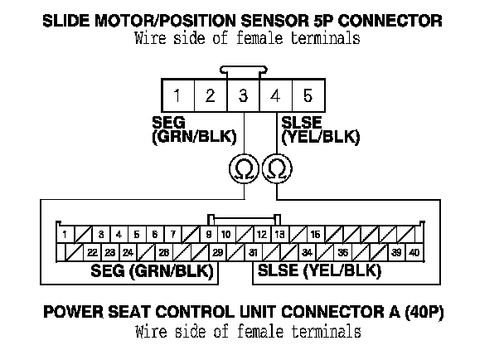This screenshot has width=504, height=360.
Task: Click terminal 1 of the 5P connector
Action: coord(177,95)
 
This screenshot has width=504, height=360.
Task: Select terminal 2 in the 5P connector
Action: coord(211,95)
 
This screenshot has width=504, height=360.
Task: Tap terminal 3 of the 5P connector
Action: coord(243,95)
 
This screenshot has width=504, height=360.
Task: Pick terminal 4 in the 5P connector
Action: coord(275,95)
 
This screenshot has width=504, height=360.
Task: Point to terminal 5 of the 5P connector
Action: coord(308,95)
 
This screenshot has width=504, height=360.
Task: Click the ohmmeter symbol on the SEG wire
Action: coord(243,169)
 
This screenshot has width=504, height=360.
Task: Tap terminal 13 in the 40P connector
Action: coord(280,235)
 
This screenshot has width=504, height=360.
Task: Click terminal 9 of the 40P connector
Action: coord(209,235)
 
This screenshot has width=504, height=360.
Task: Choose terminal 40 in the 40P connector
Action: coord(414,252)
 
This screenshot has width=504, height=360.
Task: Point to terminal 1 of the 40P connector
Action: coord(65,235)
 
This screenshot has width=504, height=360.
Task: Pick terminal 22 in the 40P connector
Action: coord(92,252)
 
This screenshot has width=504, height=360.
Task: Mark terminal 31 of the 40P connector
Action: coord(253,252)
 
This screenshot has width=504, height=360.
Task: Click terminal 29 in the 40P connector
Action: coord(217,252)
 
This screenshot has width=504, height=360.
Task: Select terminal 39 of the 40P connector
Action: coord(396,252)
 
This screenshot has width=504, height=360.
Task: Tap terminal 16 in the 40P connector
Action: coord(316,235)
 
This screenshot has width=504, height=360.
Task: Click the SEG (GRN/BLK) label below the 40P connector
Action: coord(151,271)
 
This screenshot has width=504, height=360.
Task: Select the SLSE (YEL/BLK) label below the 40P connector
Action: coord(319,271)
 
